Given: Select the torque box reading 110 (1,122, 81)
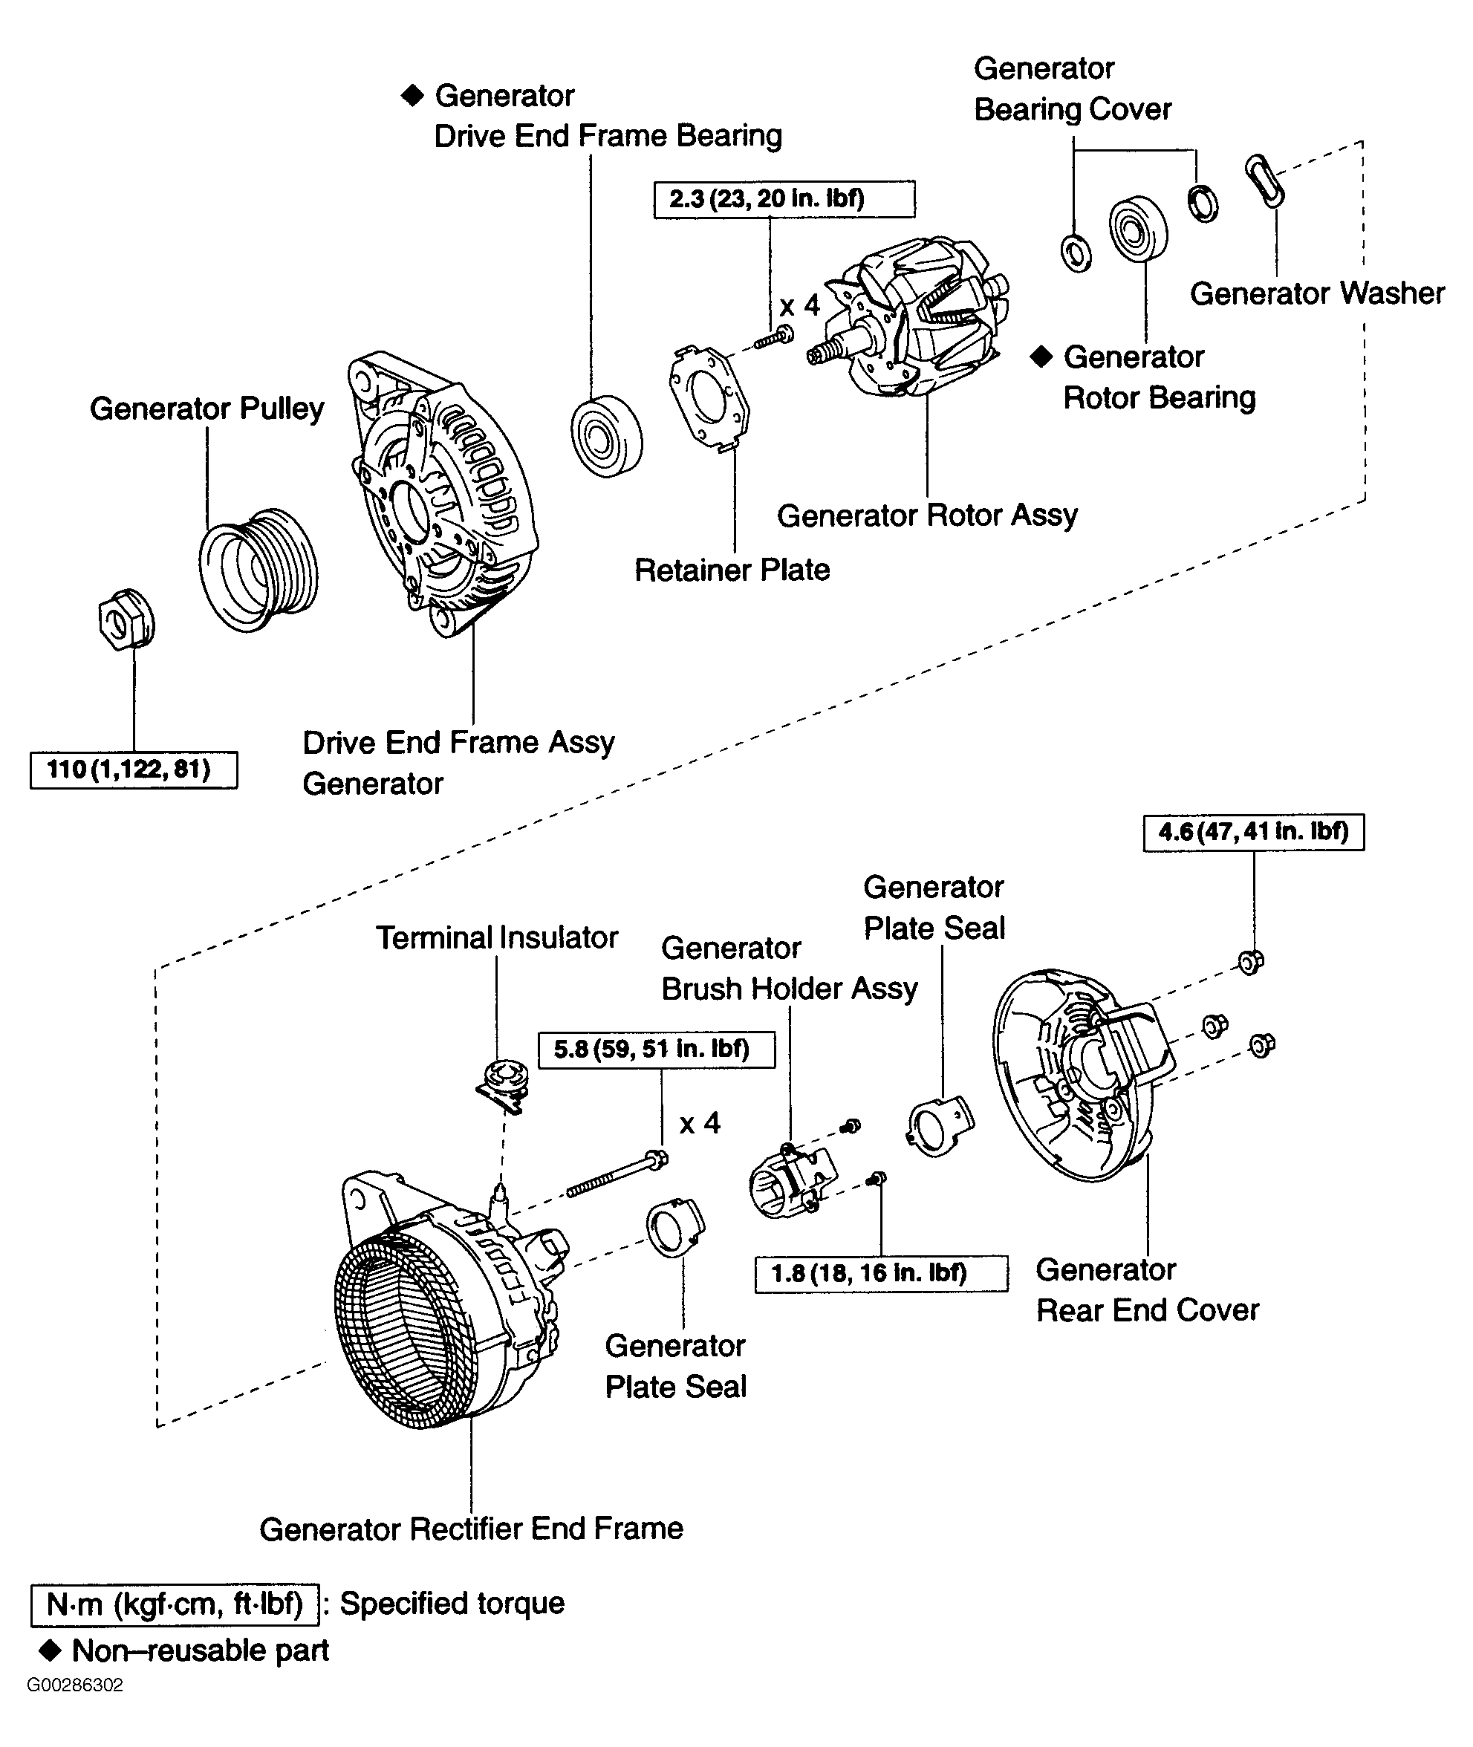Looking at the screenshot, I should [x=134, y=769].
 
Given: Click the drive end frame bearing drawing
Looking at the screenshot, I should [x=606, y=437].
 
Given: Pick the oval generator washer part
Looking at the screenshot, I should [x=1264, y=180].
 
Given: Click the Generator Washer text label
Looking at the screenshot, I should [x=1316, y=293].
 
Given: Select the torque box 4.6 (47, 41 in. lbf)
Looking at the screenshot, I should [x=1252, y=832].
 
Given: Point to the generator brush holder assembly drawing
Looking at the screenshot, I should [x=790, y=1181].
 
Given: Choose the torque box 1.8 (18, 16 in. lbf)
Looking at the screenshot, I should [x=880, y=1274].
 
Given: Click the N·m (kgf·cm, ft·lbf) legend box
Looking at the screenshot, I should [x=175, y=1604].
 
